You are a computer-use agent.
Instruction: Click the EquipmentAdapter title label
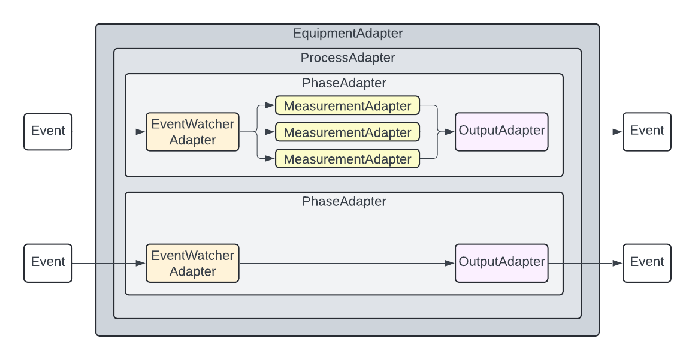347,34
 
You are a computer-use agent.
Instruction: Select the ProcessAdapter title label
347,58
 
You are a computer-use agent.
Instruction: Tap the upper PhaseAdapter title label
344,83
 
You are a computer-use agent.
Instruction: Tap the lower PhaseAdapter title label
344,201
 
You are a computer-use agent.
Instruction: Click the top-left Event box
48,131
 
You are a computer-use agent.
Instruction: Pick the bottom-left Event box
48,262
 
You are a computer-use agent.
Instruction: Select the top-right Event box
647,131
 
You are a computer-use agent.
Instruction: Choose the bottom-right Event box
647,262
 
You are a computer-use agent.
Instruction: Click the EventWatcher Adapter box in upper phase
192,132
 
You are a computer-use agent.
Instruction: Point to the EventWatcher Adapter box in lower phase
192,263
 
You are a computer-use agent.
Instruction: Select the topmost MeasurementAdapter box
347,106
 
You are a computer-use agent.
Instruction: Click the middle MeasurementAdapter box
347,132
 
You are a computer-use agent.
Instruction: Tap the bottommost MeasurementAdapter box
347,159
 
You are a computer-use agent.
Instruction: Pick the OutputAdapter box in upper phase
501,131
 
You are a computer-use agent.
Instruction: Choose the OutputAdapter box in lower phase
501,262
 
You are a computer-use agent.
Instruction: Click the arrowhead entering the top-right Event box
618,132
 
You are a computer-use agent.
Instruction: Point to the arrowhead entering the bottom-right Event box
618,263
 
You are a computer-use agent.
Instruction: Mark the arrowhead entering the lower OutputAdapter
450,263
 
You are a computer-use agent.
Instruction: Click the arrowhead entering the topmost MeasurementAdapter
270,106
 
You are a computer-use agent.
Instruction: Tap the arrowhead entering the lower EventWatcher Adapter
141,263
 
